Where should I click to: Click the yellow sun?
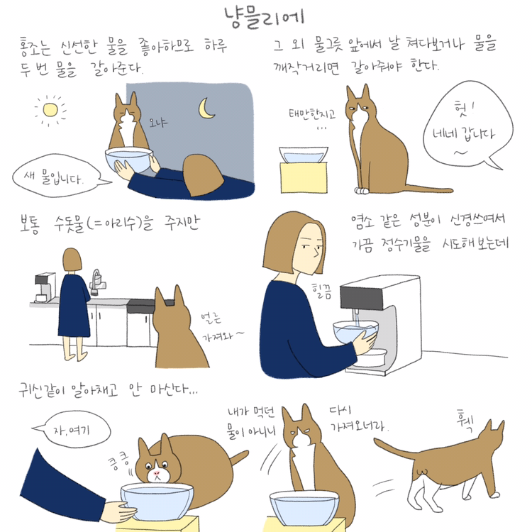(x=50, y=109)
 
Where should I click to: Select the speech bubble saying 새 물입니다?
(x=57, y=176)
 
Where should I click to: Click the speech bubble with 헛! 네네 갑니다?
(x=467, y=125)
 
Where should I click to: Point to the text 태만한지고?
(x=312, y=114)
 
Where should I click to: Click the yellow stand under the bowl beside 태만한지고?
(x=304, y=177)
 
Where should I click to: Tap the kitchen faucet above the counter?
(x=97, y=281)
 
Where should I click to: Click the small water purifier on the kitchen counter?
(x=45, y=287)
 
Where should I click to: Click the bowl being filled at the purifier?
(x=355, y=331)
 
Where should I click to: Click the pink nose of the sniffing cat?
(x=157, y=473)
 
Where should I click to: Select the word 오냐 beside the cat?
(x=158, y=123)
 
